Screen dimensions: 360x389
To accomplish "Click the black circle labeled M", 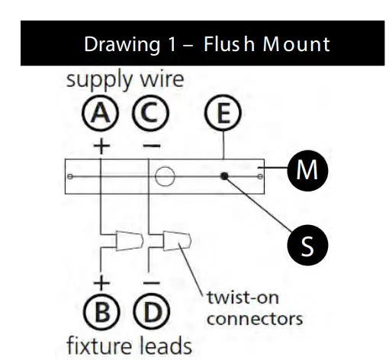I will pyautogui.click(x=307, y=170).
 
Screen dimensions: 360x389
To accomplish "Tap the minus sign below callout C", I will pyautogui.click(x=151, y=143).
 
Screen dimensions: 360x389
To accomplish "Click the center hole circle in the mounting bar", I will pyautogui.click(x=162, y=178).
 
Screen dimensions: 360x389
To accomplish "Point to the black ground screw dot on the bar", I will pyautogui.click(x=225, y=177).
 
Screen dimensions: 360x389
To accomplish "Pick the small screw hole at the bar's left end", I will pyautogui.click(x=70, y=178).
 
